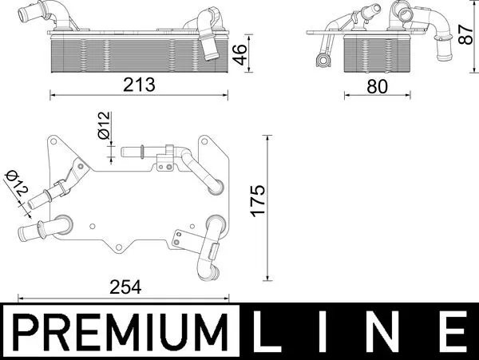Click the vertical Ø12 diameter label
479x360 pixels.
104,127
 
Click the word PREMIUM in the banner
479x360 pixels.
118,330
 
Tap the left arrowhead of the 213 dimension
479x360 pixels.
53,94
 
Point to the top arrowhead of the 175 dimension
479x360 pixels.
266,137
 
